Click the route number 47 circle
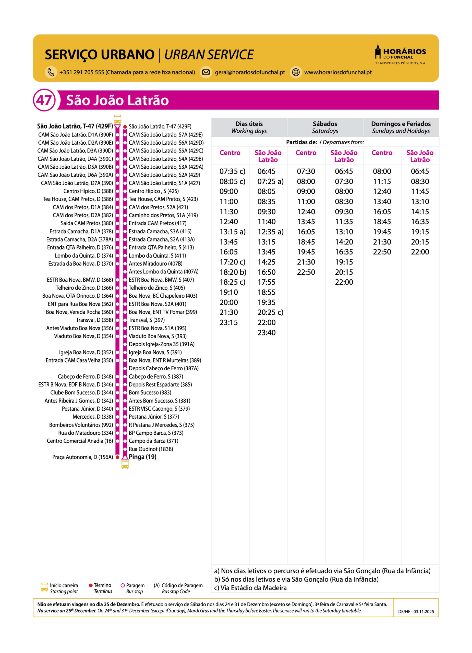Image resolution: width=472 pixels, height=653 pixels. click(x=44, y=100)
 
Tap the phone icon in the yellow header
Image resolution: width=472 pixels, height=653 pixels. click(x=51, y=72)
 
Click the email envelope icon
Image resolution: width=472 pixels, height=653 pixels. click(x=206, y=72)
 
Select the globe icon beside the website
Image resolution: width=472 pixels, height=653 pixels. click(x=296, y=72)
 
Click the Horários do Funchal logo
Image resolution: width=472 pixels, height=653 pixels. click(x=400, y=54)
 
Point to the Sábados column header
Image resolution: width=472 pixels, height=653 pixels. click(x=325, y=127)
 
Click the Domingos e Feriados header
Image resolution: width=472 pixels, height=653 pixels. click(x=401, y=127)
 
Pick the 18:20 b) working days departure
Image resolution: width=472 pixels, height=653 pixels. click(x=233, y=272)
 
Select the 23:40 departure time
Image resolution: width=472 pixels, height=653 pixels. click(x=266, y=333)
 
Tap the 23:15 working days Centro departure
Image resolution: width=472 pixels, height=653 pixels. click(x=228, y=322)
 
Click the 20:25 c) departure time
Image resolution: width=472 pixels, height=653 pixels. click(x=270, y=312)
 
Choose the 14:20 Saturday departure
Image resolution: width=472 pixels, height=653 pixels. click(x=344, y=242)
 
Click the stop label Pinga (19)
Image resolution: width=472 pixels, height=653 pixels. click(x=142, y=457)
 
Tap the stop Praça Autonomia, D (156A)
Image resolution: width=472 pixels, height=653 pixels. click(x=83, y=457)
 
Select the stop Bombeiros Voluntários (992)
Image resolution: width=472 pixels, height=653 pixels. click(x=81, y=425)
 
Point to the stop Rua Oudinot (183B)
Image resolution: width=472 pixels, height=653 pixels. click(x=151, y=449)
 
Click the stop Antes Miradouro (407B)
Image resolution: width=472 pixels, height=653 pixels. click(x=155, y=263)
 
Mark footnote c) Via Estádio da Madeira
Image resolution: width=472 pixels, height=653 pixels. click(x=250, y=588)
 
